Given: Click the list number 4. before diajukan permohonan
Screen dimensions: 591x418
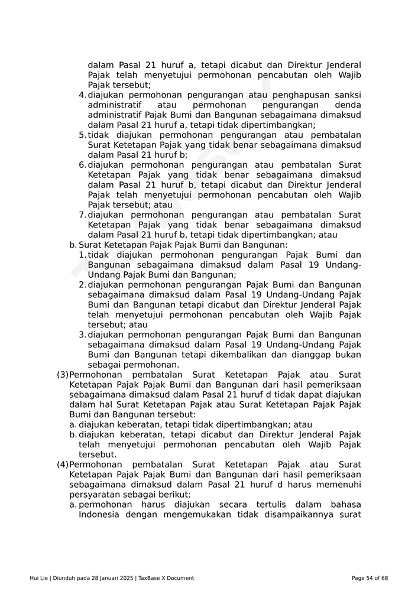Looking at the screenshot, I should pos(82,95).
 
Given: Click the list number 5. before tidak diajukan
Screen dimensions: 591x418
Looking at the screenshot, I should pos(82,135).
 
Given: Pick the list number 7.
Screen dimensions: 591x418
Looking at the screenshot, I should pos(82,215).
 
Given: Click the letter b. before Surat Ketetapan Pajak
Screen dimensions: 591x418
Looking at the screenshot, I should pos(73,245).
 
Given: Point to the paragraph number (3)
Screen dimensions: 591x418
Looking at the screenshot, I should pos(63,375).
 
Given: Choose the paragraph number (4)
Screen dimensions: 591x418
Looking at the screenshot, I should pos(63,465).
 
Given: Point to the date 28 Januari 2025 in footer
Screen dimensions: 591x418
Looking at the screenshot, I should pos(109,578).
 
